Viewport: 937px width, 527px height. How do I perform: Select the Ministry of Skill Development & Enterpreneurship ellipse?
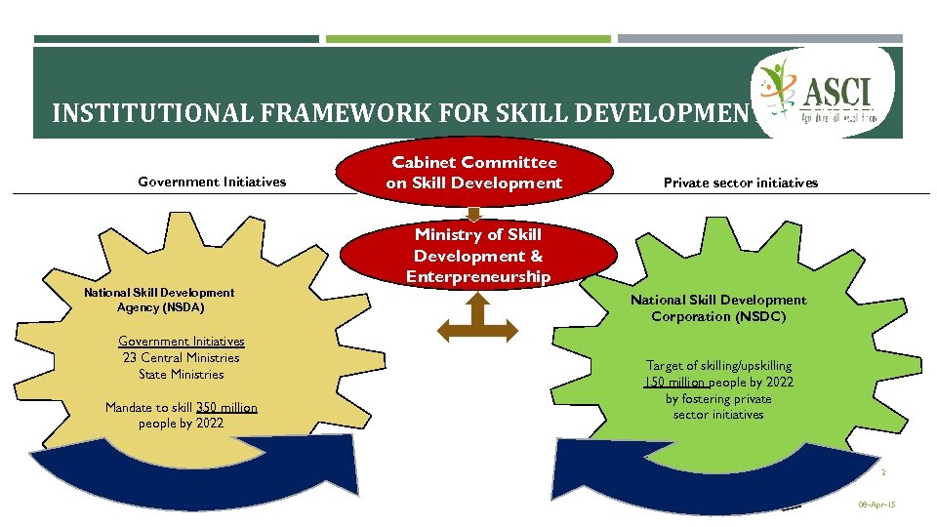click(x=478, y=256)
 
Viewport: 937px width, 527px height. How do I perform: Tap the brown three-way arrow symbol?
click(x=477, y=319)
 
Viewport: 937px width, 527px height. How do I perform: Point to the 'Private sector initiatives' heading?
click(x=741, y=182)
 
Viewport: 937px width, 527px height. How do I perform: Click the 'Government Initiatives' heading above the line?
click(x=212, y=181)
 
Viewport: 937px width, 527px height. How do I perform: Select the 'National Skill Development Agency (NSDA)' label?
click(x=159, y=300)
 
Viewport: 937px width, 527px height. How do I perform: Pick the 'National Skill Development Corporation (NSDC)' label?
click(x=718, y=308)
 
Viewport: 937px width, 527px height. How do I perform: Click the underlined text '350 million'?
click(x=226, y=407)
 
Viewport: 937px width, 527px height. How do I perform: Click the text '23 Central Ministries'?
click(x=181, y=357)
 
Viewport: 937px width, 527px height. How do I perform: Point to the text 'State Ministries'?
click(x=181, y=374)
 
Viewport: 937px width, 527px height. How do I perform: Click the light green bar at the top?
click(x=468, y=40)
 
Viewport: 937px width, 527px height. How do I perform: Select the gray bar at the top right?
click(x=759, y=40)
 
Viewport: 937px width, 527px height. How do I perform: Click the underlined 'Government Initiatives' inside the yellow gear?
click(x=181, y=341)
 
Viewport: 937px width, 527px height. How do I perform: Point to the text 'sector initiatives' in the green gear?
click(x=718, y=415)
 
